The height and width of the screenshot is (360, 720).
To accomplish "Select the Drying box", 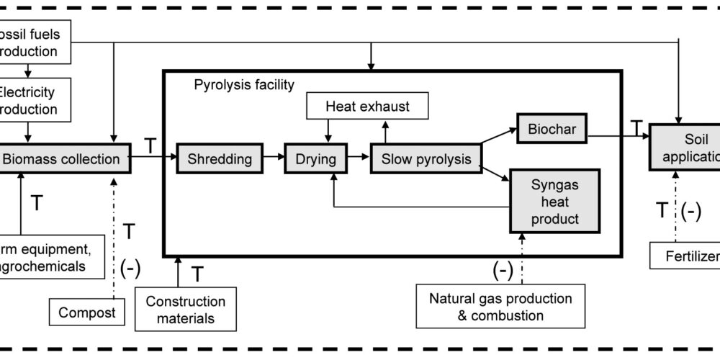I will tap(315, 158).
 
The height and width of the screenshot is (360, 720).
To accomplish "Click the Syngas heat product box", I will tap(555, 202).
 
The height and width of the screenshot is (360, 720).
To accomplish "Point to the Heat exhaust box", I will tap(368, 107).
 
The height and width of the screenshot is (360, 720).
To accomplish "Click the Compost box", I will tap(84, 312).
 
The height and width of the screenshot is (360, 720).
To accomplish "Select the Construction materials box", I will tap(186, 309).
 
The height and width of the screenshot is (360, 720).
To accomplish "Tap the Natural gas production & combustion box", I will tap(500, 306).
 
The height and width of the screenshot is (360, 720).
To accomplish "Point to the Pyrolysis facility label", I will tap(244, 85).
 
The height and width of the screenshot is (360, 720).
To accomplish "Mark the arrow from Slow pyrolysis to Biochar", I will tap(498, 140).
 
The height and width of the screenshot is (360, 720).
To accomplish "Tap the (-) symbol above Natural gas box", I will tap(503, 270).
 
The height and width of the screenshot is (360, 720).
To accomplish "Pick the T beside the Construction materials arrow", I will tap(199, 274).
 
